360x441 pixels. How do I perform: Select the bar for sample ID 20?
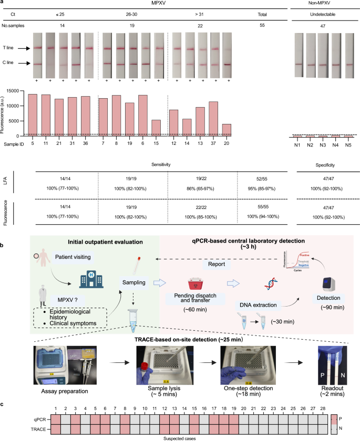(226, 130)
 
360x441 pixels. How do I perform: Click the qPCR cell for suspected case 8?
(125, 414)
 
